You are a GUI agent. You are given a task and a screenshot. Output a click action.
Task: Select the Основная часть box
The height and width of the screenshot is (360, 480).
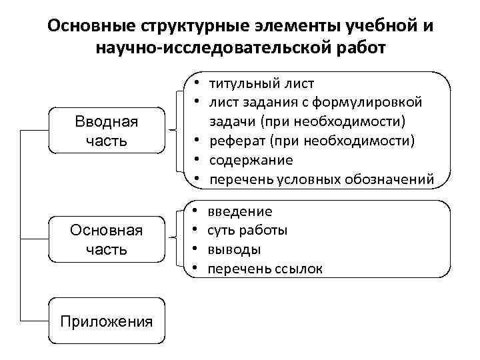point(106,240)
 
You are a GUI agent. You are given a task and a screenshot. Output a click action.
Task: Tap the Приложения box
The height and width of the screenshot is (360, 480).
point(107,321)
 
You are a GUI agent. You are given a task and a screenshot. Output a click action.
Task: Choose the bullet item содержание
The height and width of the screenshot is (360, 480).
point(251,160)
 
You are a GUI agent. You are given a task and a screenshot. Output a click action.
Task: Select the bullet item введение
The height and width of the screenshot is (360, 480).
point(239,211)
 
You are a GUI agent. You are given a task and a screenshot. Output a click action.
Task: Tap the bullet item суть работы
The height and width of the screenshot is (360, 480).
point(247,231)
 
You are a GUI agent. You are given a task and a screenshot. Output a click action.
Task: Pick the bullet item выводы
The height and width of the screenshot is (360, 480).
point(234,249)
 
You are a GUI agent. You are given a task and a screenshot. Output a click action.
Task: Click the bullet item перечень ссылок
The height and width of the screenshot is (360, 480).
point(265,269)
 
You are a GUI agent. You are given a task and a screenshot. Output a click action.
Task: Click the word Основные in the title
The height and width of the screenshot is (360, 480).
point(92,27)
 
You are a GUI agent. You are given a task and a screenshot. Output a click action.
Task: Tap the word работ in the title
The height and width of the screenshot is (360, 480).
point(361,49)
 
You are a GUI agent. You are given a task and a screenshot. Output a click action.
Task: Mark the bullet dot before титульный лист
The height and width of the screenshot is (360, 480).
point(199,83)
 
